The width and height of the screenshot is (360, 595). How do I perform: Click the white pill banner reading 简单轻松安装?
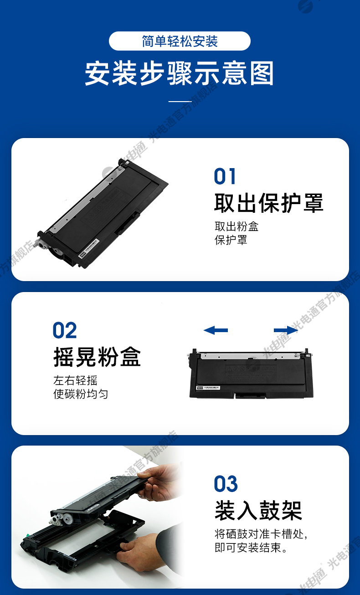pyautogui.click(x=180, y=41)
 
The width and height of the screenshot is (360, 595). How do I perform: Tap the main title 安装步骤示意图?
pyautogui.click(x=180, y=73)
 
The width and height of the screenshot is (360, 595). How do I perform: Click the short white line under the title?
pyautogui.click(x=180, y=101)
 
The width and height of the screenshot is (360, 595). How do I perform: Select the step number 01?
pyautogui.click(x=225, y=176)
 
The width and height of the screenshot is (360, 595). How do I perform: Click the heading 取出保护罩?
pyautogui.click(x=268, y=203)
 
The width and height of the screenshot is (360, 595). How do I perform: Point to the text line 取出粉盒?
pyautogui.click(x=237, y=226)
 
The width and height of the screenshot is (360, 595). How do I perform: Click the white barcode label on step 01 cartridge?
pyautogui.click(x=89, y=247)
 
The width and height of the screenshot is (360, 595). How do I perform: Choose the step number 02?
pyautogui.click(x=65, y=330)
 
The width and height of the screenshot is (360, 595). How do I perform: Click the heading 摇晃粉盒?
pyautogui.click(x=97, y=357)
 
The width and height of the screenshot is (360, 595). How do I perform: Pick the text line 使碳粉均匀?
pyautogui.click(x=81, y=394)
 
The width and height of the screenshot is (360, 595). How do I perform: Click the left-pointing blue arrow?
pyautogui.click(x=216, y=330)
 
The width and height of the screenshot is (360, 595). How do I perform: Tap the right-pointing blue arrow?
pyautogui.click(x=286, y=330)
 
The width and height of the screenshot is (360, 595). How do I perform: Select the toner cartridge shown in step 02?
pyautogui.click(x=251, y=373)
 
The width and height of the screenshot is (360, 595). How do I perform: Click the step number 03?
pyautogui.click(x=226, y=483)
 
